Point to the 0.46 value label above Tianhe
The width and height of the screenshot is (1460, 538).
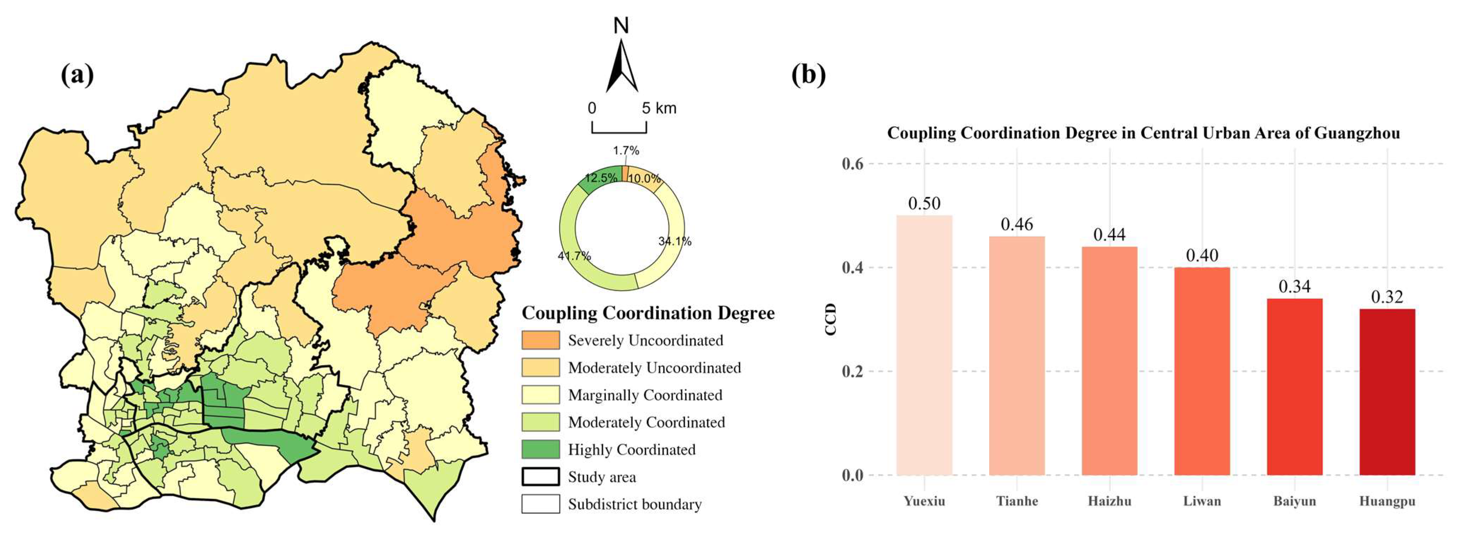pyautogui.click(x=1017, y=224)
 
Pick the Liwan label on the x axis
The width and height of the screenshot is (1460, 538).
pyautogui.click(x=1202, y=501)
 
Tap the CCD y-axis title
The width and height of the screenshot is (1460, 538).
pyautogui.click(x=831, y=319)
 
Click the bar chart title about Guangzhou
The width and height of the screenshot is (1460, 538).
pyautogui.click(x=1143, y=133)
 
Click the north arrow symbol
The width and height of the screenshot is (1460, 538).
pyautogui.click(x=622, y=65)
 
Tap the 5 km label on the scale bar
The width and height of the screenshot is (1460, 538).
pyautogui.click(x=659, y=108)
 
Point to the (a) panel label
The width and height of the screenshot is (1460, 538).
pyautogui.click(x=77, y=75)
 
